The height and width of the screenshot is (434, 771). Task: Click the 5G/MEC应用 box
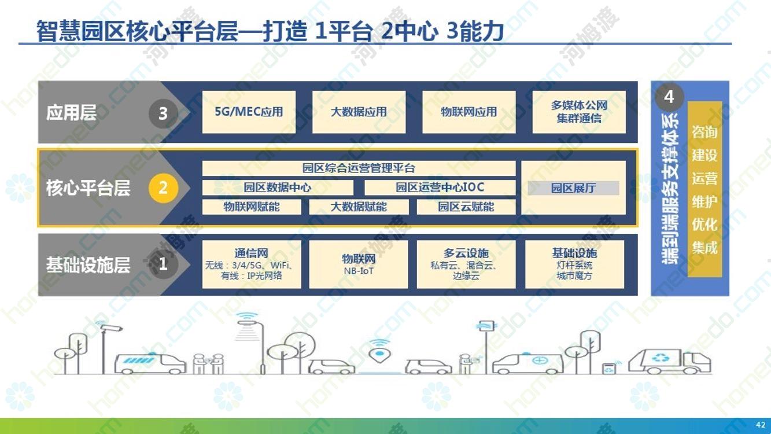tap(249, 112)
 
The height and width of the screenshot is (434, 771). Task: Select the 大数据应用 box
tap(359, 112)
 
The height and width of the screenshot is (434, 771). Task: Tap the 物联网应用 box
tap(469, 112)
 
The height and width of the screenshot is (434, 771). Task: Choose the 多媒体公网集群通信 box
tap(579, 112)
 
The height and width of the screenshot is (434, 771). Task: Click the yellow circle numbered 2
tap(163, 188)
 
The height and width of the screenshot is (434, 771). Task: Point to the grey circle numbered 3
tap(163, 113)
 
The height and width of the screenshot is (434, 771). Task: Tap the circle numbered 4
tap(669, 97)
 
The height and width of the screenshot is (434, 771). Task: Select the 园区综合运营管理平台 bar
tap(359, 168)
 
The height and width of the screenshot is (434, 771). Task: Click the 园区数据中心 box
tap(278, 187)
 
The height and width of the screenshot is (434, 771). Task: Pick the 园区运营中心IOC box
tap(440, 187)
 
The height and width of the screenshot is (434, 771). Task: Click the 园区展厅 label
tap(573, 188)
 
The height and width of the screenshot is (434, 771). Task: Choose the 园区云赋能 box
tap(466, 207)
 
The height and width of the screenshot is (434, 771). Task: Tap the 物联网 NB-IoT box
tap(359, 264)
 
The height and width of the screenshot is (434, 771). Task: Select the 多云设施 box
tap(466, 264)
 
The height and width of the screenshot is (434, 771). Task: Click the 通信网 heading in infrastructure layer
tap(251, 253)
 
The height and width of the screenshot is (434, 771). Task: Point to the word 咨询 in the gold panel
tap(704, 132)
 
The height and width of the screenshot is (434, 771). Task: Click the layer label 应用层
tap(71, 113)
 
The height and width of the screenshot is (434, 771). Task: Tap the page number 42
tap(761, 425)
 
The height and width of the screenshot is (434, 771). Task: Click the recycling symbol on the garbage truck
tap(660, 358)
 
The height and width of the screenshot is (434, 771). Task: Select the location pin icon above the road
tap(379, 355)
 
